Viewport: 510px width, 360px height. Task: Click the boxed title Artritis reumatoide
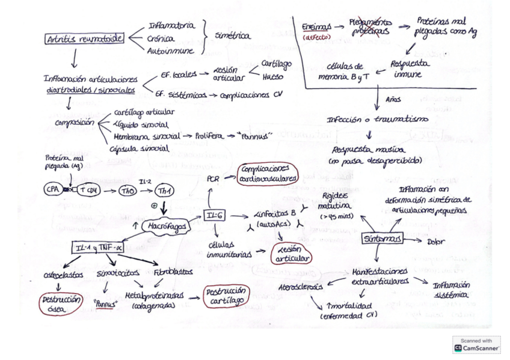84,39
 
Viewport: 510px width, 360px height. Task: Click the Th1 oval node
163,191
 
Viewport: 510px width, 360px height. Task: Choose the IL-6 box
214,216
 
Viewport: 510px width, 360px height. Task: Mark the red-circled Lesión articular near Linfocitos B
292,254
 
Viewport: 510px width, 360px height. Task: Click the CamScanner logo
476,344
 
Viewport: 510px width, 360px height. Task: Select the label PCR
213,178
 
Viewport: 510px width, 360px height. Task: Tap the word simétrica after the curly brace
233,36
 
